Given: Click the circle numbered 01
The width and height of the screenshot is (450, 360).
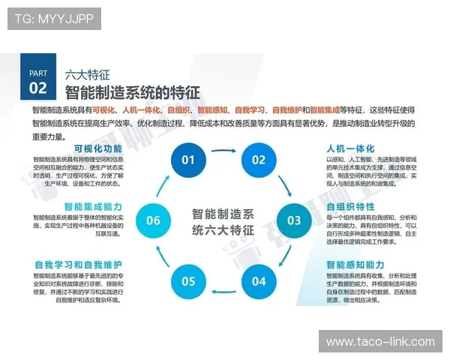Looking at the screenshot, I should (188, 159).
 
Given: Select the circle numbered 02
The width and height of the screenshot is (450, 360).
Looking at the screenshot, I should (259, 159).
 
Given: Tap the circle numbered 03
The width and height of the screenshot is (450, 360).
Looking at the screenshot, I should (293, 220).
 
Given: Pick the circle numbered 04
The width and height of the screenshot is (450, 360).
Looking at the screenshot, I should (259, 281).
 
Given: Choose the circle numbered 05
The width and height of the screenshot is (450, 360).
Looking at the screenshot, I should (188, 281).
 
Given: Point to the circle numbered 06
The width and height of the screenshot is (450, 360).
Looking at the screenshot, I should (153, 220).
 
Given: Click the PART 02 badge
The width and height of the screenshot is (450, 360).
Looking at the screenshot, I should (37, 81).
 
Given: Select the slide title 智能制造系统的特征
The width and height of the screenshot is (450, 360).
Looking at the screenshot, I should (132, 93).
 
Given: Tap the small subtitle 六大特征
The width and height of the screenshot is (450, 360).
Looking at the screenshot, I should (88, 75).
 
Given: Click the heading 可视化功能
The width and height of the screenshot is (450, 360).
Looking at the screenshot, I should (97, 148).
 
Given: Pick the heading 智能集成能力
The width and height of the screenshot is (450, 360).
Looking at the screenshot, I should (93, 205).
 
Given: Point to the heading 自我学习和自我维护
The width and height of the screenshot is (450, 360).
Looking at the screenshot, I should (78, 265).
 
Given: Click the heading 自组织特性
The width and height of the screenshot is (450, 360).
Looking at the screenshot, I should (350, 205).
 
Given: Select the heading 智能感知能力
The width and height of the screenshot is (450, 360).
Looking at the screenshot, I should (355, 265).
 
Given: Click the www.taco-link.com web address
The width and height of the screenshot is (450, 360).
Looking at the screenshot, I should (380, 342).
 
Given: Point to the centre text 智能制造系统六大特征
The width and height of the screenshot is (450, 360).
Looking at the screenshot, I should (223, 220).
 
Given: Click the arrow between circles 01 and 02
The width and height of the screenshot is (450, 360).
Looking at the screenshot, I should (223, 149).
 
